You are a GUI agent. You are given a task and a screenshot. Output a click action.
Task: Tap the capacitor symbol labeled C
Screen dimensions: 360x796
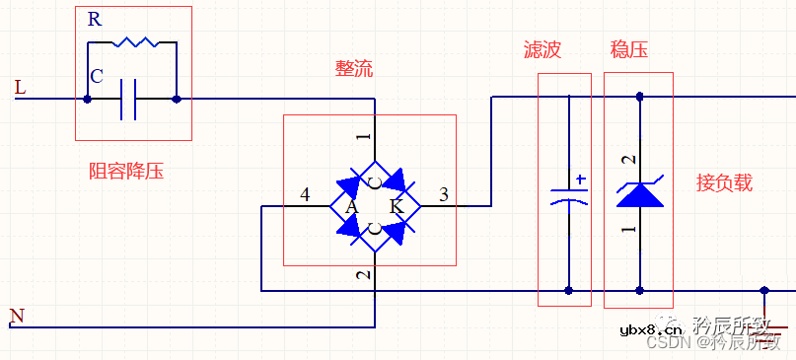[128, 100]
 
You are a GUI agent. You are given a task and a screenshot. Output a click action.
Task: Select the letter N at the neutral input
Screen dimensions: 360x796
[16, 316]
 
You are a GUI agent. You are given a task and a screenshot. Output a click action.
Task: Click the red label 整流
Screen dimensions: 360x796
[354, 69]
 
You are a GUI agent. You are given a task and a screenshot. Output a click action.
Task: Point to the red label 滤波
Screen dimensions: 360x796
[542, 50]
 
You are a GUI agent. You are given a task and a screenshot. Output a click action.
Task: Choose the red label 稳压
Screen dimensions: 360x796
[629, 50]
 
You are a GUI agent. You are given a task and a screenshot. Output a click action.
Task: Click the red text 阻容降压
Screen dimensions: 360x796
[126, 172]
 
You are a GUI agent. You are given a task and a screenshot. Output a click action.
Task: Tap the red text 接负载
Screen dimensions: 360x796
[724, 182]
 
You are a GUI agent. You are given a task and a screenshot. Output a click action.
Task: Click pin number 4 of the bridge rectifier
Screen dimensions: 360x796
[305, 195]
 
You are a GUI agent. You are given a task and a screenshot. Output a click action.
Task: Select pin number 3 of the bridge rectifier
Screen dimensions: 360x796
[443, 195]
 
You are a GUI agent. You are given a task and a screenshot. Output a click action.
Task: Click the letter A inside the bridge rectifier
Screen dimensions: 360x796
[350, 207]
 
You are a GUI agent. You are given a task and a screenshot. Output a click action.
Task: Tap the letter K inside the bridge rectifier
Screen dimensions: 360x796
[397, 207]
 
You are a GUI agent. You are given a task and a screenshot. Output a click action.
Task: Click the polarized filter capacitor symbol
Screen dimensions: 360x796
[568, 194]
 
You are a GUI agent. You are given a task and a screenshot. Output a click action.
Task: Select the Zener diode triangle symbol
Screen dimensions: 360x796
[640, 193]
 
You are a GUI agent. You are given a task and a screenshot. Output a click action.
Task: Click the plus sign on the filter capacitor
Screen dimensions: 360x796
[581, 180]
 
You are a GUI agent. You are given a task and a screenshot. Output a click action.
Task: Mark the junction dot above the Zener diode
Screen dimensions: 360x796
[640, 97]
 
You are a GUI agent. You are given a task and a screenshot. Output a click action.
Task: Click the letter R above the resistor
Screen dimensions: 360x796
[94, 19]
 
